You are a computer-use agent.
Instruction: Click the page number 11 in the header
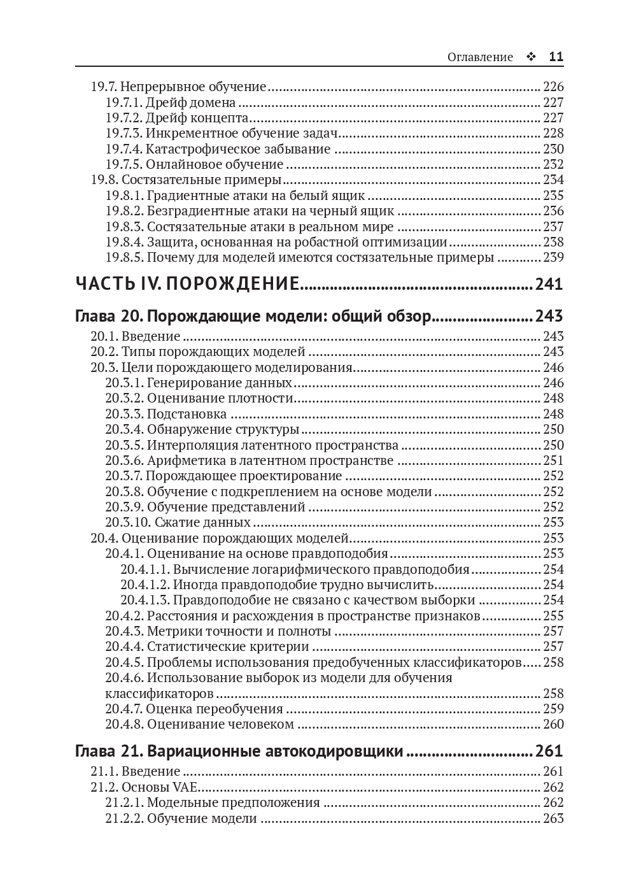coord(556,57)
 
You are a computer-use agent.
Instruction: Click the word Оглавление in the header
coord(480,57)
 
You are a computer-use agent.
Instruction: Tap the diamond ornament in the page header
coord(531,57)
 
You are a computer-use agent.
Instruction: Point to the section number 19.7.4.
coord(123,149)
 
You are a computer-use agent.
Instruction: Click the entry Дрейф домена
coord(190,103)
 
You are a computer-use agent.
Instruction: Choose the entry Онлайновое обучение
coord(206,164)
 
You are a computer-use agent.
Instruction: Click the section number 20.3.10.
coord(127,522)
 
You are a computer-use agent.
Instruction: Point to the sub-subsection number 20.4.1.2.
coord(145,585)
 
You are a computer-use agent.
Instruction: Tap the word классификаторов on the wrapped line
coord(159,694)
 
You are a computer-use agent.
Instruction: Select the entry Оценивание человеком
coord(220,724)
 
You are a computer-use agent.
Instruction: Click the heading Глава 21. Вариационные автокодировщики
coord(239,752)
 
